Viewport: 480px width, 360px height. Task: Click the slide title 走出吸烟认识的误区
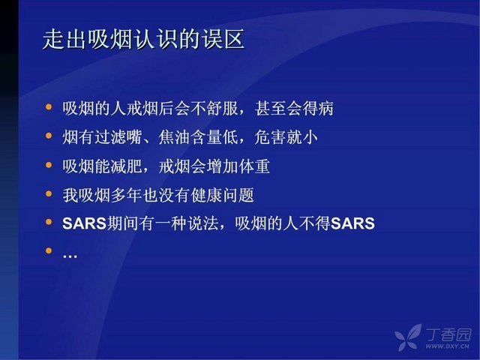coord(144,39)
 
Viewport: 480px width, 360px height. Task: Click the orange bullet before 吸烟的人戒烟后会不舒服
coord(49,106)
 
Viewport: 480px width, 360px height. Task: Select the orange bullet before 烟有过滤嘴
coord(49,135)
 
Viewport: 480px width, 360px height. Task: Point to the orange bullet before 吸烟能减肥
coord(49,165)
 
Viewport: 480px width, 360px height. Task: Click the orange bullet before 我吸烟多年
coord(49,193)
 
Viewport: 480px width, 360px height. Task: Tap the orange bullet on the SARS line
coord(49,222)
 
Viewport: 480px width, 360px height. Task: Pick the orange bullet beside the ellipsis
coord(49,250)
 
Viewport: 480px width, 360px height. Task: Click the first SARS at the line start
coord(84,223)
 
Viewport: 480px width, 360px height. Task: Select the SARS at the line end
coord(352,223)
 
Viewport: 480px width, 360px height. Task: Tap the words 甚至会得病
coord(294,108)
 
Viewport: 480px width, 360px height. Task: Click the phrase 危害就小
coord(286,136)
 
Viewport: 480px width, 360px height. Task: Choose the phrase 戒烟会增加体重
coord(214,166)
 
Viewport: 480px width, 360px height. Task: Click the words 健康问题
coord(223,195)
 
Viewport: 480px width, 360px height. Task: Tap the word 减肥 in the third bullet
coord(126,166)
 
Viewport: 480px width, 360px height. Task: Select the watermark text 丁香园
coord(448,334)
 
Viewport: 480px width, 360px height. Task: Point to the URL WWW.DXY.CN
coord(447,346)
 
